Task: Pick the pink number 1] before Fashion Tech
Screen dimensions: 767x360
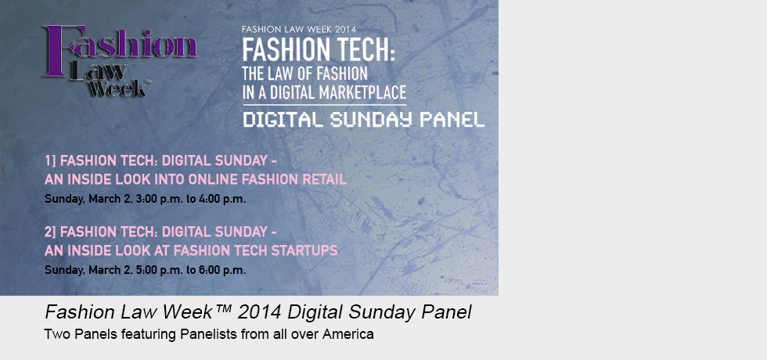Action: point(50,160)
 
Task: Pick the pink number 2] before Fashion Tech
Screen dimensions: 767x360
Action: point(50,231)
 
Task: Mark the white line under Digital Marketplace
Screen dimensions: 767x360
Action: point(325,105)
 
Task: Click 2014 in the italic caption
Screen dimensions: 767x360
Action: point(257,312)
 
